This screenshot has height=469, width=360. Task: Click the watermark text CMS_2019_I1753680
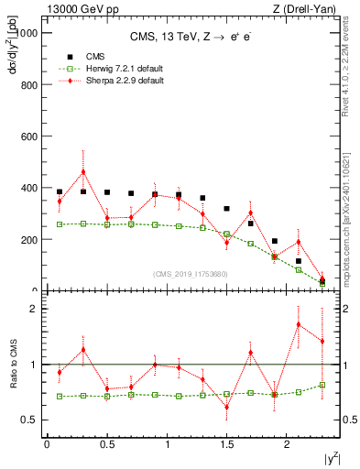(190, 273)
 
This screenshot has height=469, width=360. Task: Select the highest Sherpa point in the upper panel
(83, 171)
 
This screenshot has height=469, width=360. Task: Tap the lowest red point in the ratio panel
(226, 407)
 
